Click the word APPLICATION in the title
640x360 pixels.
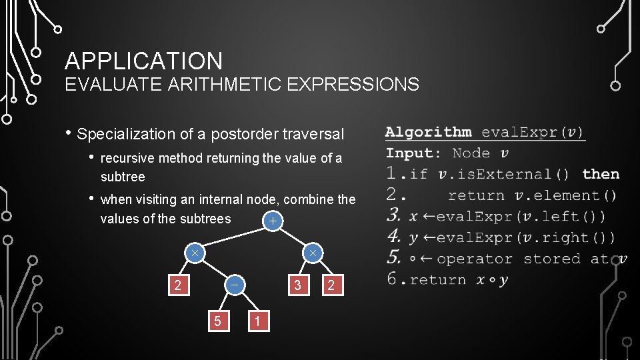point(143,61)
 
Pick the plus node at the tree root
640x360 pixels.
point(271,220)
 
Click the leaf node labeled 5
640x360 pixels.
point(217,321)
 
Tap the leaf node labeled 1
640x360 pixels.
point(257,321)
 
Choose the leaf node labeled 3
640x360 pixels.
point(298,285)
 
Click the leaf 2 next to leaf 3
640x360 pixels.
point(331,285)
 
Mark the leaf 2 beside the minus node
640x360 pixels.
point(177,285)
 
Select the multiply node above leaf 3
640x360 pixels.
point(312,253)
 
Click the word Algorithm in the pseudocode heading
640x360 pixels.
point(428,132)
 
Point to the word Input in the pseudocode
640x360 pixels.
point(409,153)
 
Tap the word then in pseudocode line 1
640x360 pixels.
point(601,174)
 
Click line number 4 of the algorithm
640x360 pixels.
point(394,237)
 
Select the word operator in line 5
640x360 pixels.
point(475,259)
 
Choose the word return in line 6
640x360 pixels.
point(438,280)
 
